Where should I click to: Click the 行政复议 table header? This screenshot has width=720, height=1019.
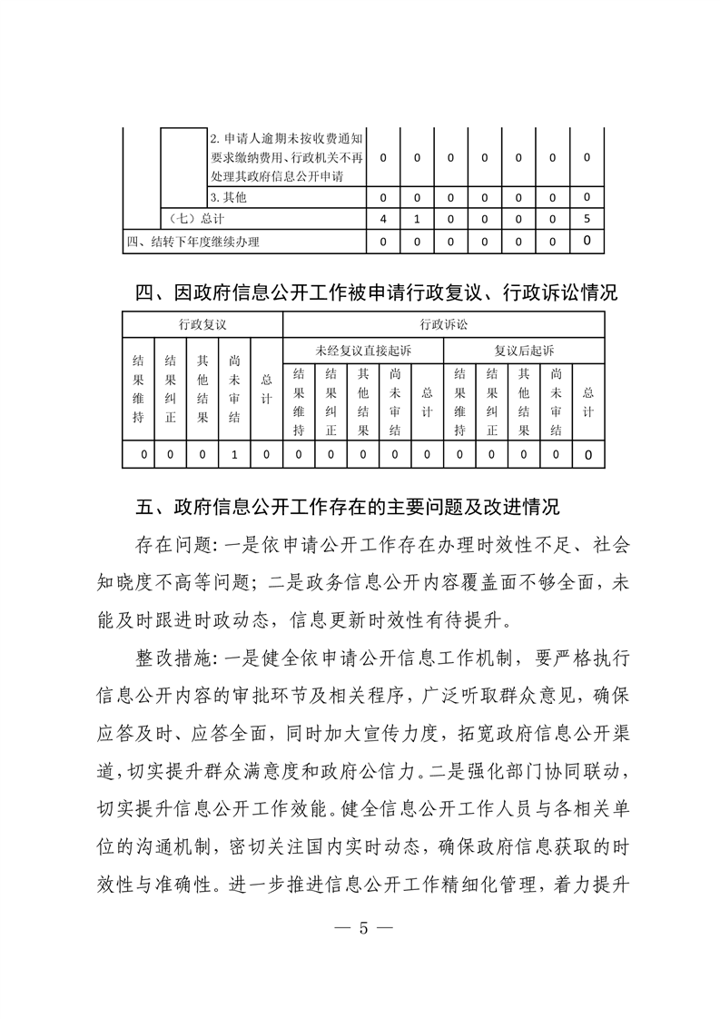tap(202, 323)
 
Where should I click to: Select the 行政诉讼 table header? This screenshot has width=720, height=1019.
tap(444, 323)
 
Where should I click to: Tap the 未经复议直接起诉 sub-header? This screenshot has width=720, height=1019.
tap(363, 350)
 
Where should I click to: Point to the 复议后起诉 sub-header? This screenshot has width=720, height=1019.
tap(524, 350)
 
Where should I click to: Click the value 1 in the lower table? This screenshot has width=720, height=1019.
tap(234, 454)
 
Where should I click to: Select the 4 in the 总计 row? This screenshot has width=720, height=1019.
tap(383, 218)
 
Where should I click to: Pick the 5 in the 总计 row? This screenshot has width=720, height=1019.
tap(587, 218)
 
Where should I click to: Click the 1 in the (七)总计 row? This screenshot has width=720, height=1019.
tap(417, 218)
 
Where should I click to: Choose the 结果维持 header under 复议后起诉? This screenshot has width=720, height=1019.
tap(459, 401)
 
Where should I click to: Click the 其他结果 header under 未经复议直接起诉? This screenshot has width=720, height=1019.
tap(363, 401)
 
